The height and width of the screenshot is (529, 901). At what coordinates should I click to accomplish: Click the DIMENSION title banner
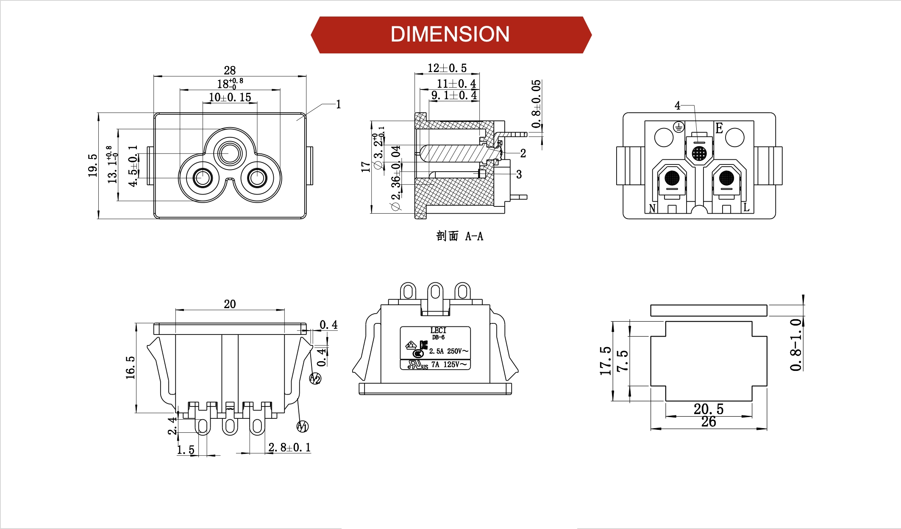(450, 35)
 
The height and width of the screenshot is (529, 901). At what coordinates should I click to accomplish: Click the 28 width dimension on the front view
(230, 70)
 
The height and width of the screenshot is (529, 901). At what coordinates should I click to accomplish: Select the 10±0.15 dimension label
(230, 97)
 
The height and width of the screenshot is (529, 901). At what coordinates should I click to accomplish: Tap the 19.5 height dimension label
(93, 165)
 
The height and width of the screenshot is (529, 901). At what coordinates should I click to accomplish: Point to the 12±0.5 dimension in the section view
(447, 68)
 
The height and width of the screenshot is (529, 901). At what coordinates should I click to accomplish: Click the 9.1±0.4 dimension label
(454, 95)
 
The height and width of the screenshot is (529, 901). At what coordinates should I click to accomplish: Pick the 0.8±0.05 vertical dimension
(536, 104)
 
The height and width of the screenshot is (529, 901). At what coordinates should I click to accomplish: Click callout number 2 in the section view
(523, 153)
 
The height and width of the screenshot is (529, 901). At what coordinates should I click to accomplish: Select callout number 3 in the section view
(519, 174)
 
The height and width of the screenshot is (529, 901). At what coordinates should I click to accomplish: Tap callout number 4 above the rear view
(677, 106)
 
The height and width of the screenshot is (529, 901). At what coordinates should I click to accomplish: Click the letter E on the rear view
(719, 128)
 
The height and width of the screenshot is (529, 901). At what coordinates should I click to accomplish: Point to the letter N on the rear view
(652, 208)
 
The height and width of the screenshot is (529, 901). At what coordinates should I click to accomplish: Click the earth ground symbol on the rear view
(679, 127)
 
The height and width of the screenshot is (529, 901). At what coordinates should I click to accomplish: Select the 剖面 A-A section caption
(459, 236)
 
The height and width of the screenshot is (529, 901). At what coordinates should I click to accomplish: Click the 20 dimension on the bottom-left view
(230, 304)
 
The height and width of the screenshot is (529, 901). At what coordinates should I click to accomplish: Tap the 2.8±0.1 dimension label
(289, 448)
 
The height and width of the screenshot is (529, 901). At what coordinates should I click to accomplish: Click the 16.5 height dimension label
(130, 368)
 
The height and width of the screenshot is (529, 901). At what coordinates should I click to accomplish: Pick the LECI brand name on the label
(438, 330)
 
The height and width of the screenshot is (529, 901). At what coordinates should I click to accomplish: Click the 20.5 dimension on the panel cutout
(708, 409)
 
